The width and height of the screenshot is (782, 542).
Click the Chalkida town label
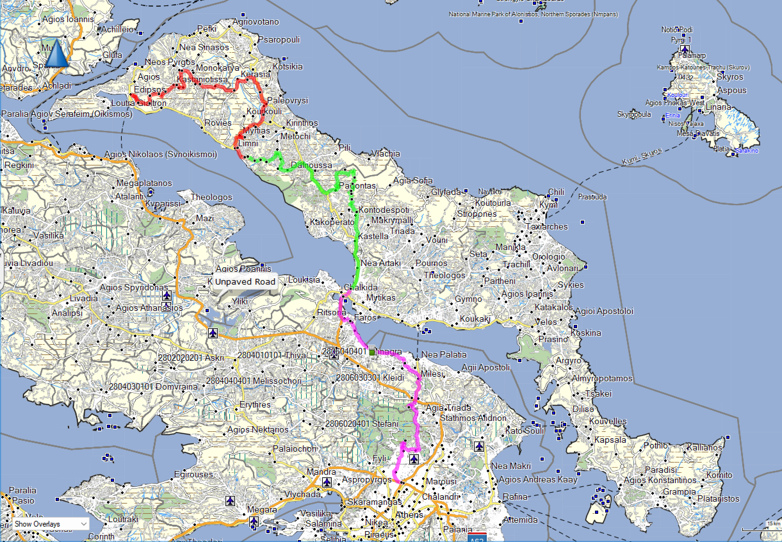click(361, 287)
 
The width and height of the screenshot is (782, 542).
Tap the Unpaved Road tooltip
click(245, 281)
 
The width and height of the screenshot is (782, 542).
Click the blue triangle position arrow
click(56, 53)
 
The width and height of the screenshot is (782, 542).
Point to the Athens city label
click(409, 515)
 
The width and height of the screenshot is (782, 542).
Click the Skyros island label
click(730, 77)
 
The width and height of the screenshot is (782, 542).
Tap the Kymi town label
click(548, 205)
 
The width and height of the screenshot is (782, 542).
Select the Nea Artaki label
click(380, 263)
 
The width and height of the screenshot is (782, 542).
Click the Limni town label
click(248, 143)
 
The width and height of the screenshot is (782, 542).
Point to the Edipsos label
click(150, 89)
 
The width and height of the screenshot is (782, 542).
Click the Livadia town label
click(84, 298)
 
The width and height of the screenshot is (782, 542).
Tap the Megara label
click(262, 509)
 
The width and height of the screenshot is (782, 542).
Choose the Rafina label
click(515, 497)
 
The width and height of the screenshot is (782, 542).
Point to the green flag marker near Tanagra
click(372, 351)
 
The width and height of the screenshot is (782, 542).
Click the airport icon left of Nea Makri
click(479, 446)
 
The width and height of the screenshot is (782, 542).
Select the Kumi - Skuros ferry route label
click(642, 157)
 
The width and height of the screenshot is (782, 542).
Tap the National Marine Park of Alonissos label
click(533, 14)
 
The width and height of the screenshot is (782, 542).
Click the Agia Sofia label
click(413, 181)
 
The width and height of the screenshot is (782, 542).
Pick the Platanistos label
click(718, 498)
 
